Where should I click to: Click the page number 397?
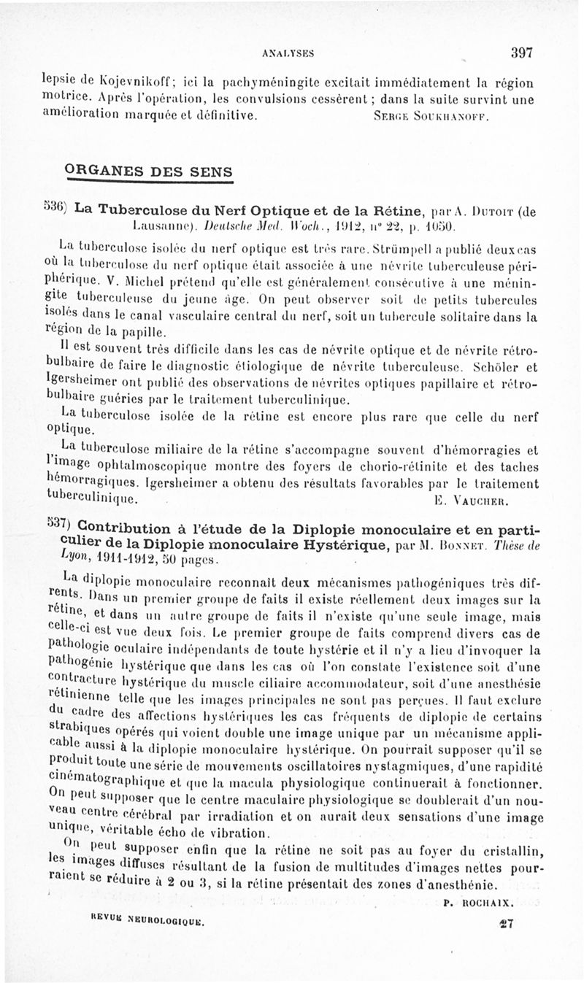tap(522, 52)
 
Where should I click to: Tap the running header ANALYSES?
tap(285, 53)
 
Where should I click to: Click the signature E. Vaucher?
tap(470, 501)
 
